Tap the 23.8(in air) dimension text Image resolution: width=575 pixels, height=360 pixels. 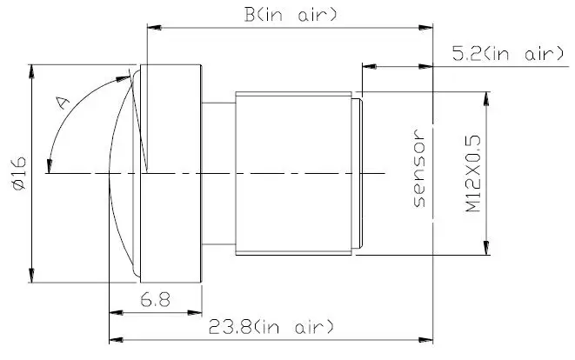pos(271,327)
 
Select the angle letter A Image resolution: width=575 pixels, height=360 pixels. pos(63,103)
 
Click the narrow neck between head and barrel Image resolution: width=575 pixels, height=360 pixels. pos(218,174)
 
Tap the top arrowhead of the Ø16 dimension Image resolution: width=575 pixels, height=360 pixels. pos(32,69)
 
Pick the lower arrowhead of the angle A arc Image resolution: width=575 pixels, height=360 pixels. pos(51,167)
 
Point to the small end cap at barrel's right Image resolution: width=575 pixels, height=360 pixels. pos(358,174)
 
